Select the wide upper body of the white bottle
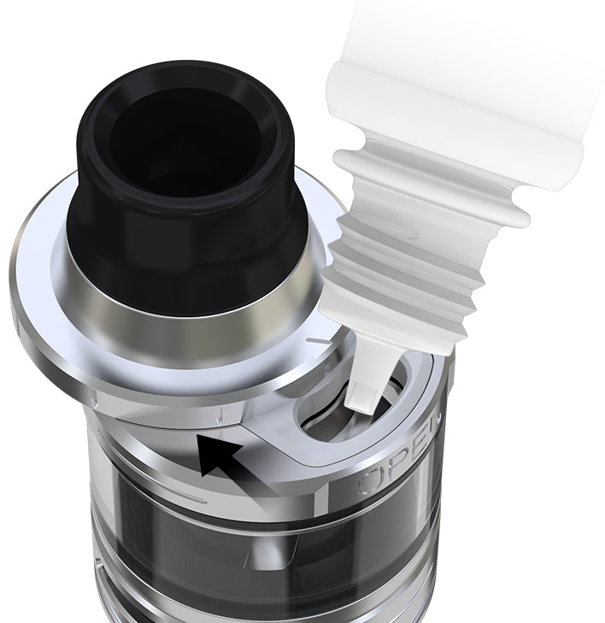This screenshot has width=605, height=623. click(x=479, y=77)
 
